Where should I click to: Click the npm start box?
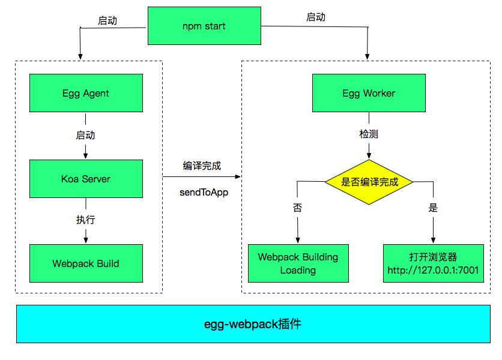[204, 26]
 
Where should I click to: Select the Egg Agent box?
[86, 93]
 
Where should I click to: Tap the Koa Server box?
[86, 179]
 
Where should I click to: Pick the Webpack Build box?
[86, 263]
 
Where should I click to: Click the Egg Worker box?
[369, 93]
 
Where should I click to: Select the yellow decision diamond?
[369, 182]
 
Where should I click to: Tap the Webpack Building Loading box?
[298, 263]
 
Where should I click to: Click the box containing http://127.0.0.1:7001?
[433, 263]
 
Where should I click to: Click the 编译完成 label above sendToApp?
[202, 166]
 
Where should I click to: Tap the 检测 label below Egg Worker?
[369, 134]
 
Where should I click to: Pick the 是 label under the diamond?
[433, 208]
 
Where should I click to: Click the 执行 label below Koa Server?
[85, 220]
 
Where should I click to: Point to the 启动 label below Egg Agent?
[85, 135]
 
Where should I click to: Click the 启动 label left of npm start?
[107, 20]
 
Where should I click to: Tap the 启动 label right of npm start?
[316, 17]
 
